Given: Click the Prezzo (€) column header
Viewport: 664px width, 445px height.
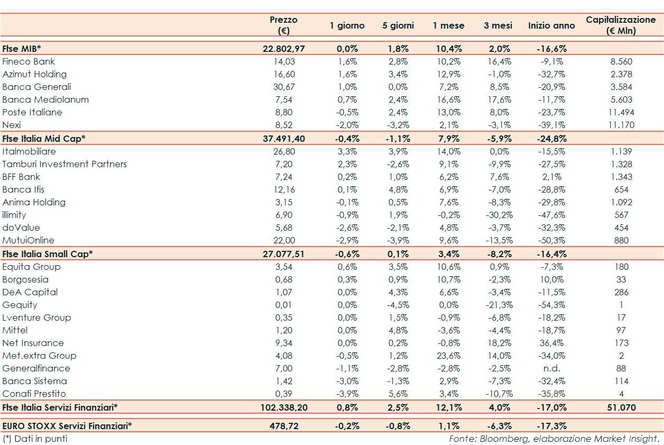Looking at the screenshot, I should [283, 25].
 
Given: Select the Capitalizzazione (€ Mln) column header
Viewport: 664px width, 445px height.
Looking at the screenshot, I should [621, 25].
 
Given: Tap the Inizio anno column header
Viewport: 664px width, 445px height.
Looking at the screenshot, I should [551, 25].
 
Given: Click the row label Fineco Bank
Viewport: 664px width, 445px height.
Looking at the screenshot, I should [29, 61].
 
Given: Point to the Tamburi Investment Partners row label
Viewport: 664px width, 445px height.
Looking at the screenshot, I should [64, 164].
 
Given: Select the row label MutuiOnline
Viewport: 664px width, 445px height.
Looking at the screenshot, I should [28, 240].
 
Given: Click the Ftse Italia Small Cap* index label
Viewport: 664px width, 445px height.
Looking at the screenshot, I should [48, 253].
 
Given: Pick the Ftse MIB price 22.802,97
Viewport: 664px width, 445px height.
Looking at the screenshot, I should [284, 49].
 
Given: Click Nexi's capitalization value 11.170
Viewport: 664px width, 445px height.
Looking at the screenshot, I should [621, 125].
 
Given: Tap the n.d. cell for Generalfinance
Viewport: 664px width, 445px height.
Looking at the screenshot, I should [552, 368].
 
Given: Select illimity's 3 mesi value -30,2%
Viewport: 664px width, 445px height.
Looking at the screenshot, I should [497, 215].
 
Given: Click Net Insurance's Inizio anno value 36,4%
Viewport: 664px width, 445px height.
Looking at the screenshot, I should [552, 343].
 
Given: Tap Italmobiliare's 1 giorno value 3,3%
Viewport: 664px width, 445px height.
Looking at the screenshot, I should [348, 151].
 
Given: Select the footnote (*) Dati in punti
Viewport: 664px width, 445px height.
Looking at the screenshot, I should [35, 439].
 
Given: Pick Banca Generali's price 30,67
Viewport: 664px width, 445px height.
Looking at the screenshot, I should [284, 87].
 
